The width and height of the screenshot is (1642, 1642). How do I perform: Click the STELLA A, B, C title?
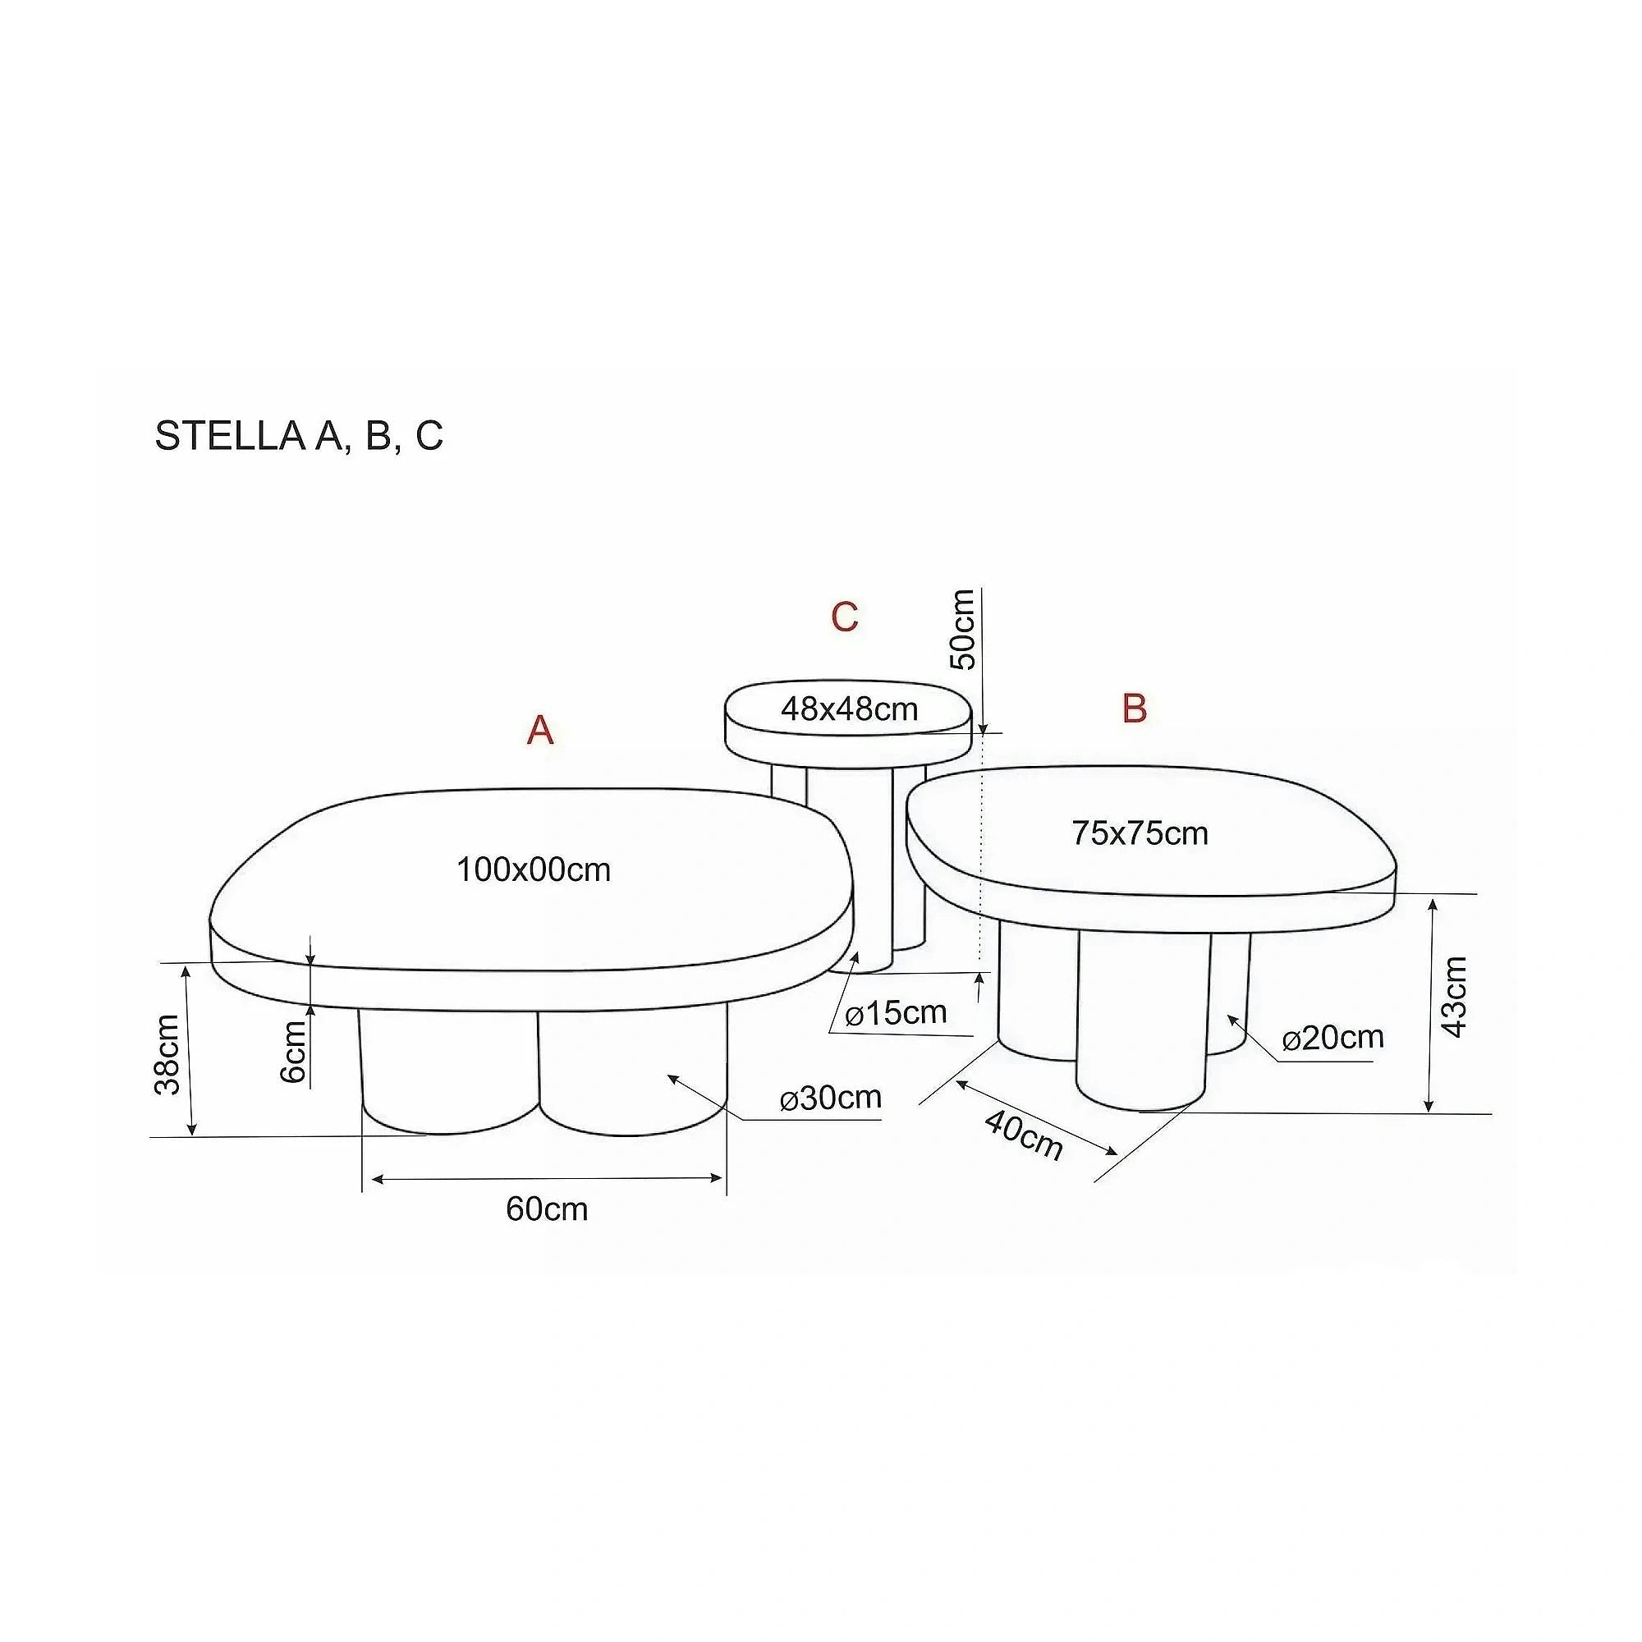pos(299,436)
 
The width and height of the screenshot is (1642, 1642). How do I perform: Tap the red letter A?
pos(540,729)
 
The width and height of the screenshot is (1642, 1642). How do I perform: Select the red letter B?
pos(1135,707)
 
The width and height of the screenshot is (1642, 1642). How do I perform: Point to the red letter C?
pos(845,617)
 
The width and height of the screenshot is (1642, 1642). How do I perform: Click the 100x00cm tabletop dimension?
pos(534,869)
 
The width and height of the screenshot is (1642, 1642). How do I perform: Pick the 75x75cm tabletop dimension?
pos(1140,832)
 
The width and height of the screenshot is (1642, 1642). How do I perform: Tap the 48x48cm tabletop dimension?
pos(849,708)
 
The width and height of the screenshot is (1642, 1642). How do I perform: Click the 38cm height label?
pos(168,1055)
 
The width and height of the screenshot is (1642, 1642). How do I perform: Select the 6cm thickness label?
pos(292,1053)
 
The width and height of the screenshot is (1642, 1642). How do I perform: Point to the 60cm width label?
pos(547,1209)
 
